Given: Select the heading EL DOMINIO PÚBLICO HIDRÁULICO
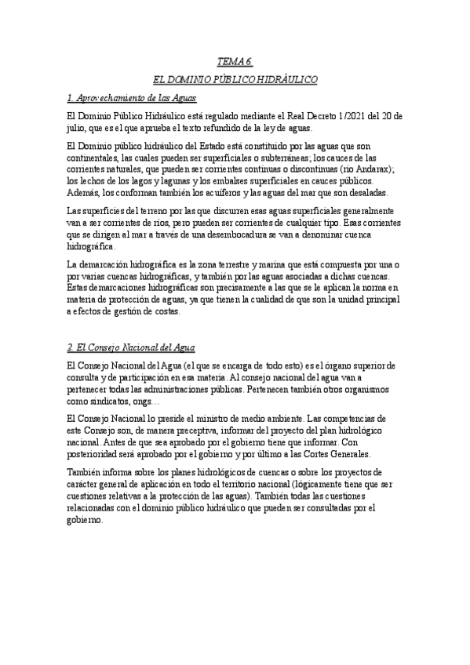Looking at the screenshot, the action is (x=235, y=80).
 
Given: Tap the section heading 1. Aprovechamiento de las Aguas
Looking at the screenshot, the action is (x=131, y=99).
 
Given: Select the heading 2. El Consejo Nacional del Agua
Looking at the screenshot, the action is (x=131, y=347).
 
